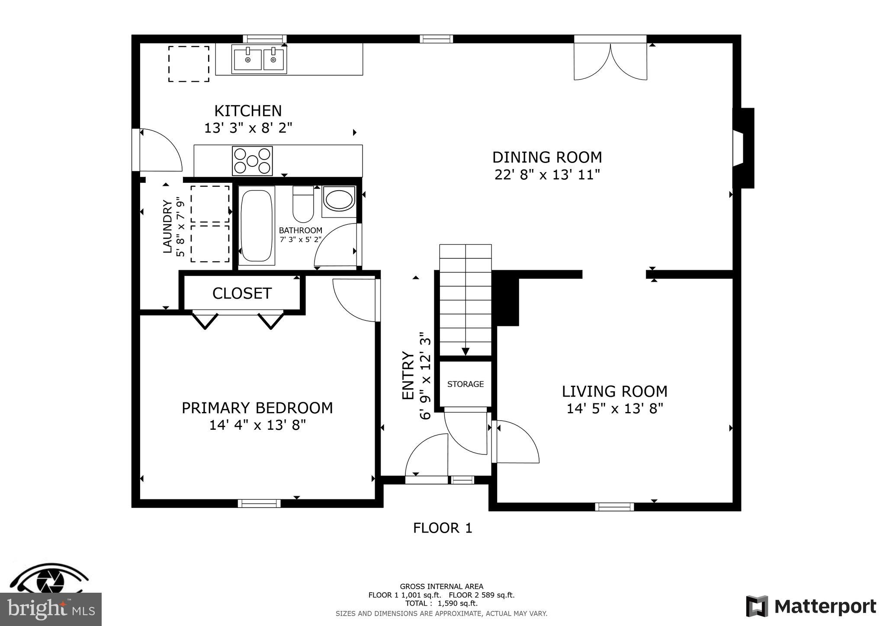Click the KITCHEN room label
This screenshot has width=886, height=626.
[x=248, y=111]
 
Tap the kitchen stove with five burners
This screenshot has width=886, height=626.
[x=252, y=161]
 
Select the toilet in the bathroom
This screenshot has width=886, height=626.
[x=303, y=204]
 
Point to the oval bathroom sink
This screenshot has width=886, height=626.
[x=339, y=201]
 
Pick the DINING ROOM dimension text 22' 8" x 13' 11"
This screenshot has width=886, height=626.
[x=547, y=175]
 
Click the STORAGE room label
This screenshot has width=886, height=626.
[x=465, y=384]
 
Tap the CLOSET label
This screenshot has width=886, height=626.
[x=242, y=294]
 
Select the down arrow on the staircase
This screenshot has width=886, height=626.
[x=465, y=351]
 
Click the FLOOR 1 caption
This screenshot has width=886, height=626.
[x=442, y=528]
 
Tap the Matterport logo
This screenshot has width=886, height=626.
[x=811, y=607]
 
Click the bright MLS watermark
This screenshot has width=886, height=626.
[x=51, y=609]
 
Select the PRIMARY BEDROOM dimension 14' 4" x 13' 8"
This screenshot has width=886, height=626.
[x=257, y=425]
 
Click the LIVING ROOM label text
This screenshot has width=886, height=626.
[x=614, y=392]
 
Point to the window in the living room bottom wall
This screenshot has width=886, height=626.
[x=614, y=507]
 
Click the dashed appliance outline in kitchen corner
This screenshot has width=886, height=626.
[x=189, y=64]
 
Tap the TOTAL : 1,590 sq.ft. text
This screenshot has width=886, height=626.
[x=441, y=604]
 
